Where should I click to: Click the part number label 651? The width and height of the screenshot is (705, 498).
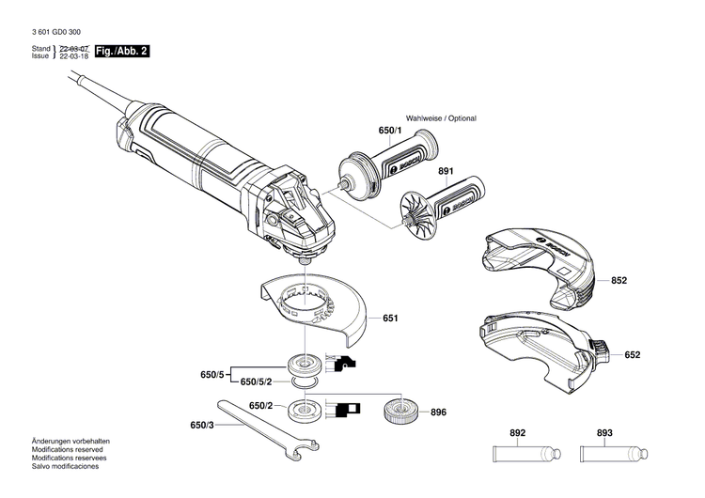coord(390,319)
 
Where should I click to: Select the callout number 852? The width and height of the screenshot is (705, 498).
coord(619,280)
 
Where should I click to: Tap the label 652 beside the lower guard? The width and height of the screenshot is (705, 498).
coord(633,355)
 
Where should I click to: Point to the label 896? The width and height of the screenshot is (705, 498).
coord(438,412)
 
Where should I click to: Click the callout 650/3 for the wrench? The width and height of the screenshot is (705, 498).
coord(202,425)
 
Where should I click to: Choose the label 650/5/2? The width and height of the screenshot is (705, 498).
coord(257,382)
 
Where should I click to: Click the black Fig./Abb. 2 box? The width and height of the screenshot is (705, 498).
coord(122,52)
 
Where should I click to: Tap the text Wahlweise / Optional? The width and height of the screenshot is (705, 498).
coord(441,118)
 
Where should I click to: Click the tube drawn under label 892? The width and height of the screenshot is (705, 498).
coord(527,454)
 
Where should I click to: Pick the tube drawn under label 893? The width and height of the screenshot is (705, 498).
coord(614,454)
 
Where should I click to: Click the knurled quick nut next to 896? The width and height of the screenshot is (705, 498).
coord(401,412)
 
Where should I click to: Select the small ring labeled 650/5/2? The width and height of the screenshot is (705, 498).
coord(305,382)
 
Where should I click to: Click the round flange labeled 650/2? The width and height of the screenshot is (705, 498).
coord(305,410)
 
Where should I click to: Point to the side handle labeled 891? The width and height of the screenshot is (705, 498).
coord(443,208)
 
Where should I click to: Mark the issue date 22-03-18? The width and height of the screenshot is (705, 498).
coord(74,56)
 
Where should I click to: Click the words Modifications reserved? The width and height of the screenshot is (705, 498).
coord(67,449)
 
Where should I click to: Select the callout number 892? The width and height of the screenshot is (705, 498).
coord(518,433)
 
